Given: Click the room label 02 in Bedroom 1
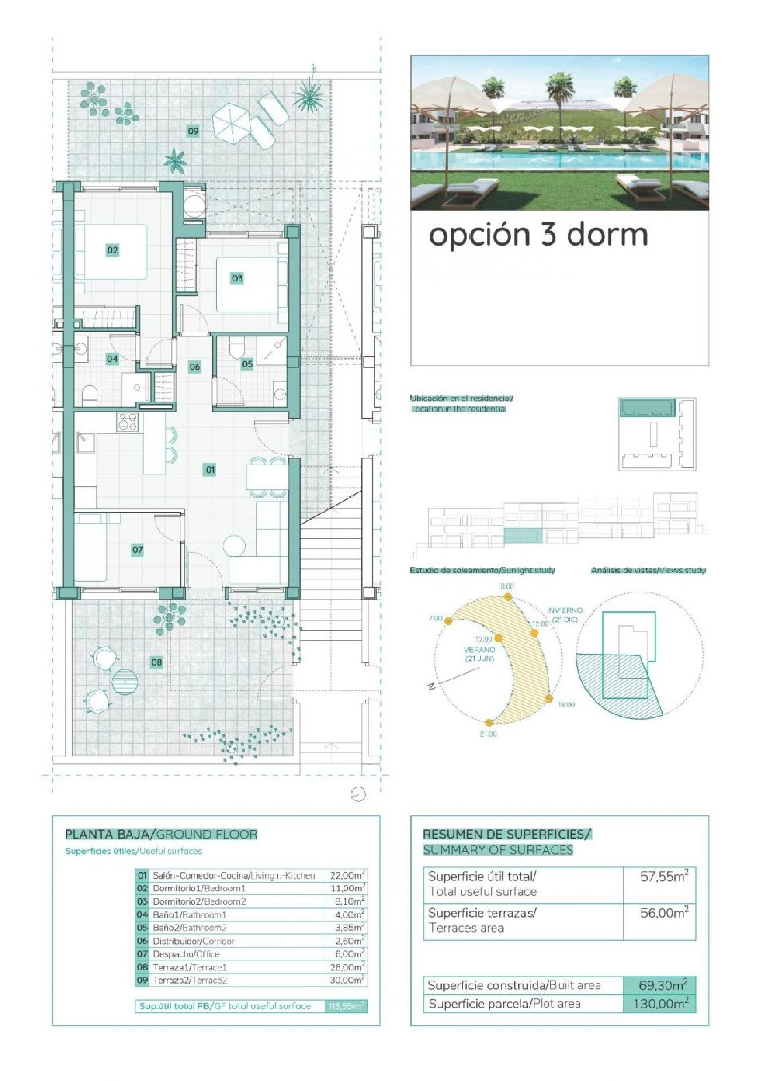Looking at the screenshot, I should tap(112, 250).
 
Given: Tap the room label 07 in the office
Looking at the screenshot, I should tap(137, 549).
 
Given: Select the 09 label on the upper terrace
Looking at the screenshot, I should tap(193, 131).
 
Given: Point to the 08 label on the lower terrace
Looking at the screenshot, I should tap(156, 662).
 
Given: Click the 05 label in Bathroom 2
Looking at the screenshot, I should tap(247, 364).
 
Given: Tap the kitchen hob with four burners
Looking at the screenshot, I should tap(128, 422).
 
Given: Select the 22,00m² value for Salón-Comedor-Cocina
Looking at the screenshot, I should tap(347, 875).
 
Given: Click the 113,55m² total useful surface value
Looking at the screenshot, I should tap(346, 1006).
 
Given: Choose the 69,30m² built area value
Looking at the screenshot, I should tap(663, 985).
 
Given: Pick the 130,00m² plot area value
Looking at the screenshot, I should tap(660, 1004).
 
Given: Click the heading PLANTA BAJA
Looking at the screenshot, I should tap(107, 835).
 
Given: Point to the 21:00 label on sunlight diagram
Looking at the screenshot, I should tap(488, 734).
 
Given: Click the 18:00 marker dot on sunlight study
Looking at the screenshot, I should tap(549, 698).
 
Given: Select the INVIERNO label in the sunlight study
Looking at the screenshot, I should tap(565, 610).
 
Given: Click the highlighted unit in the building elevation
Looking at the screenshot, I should tap(523, 536).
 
